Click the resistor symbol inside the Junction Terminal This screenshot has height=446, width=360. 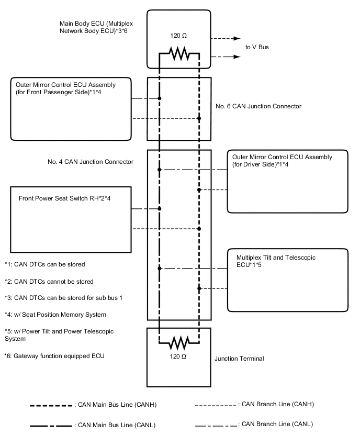179,343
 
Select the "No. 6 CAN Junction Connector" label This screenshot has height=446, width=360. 258,106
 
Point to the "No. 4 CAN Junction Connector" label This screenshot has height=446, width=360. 90,162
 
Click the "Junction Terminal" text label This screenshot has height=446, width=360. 239,359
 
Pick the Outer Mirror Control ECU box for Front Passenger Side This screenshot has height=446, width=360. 71,109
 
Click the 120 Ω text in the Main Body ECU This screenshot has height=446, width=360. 179,36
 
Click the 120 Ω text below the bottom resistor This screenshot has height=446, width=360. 179,356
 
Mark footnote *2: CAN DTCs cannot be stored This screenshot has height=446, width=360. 49,281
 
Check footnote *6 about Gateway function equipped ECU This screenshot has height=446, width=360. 54,356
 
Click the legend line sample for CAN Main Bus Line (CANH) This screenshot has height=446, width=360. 51,406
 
